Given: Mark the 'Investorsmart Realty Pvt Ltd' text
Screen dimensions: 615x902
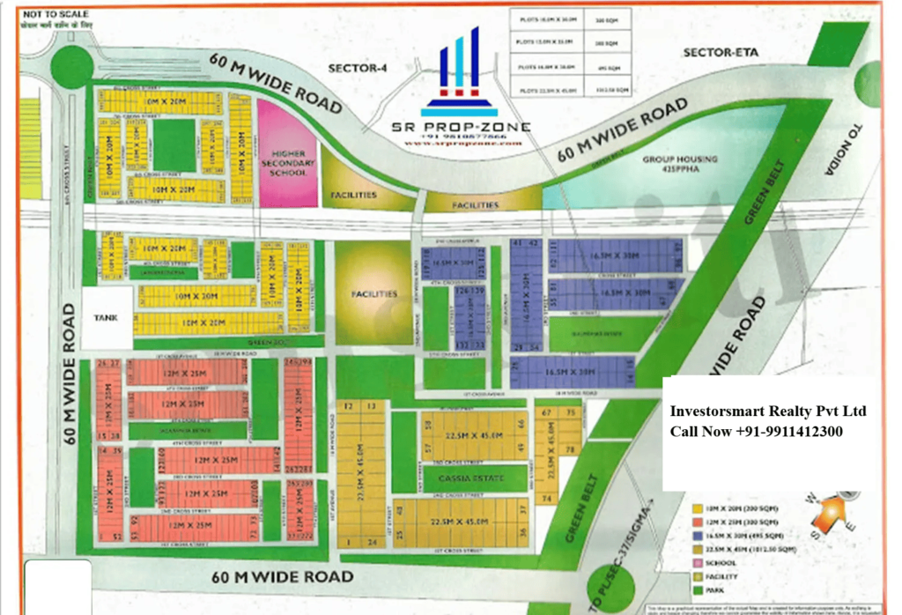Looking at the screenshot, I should [x=768, y=411].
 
